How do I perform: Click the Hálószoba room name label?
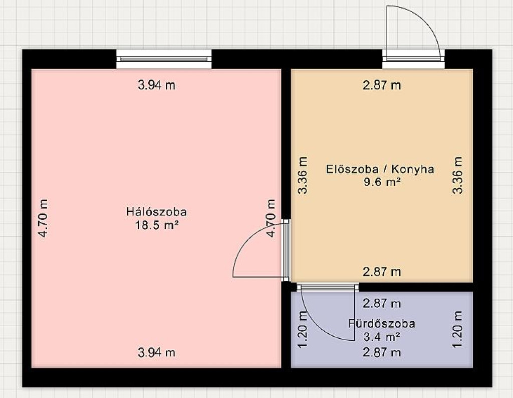point(157,212)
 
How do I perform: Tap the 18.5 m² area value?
point(157,225)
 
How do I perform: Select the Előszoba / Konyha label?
point(380,169)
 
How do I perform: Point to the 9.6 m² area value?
point(382,182)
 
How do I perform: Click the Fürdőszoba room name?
point(381,324)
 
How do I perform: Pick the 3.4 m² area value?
point(382,337)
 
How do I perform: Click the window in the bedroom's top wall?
point(164,59)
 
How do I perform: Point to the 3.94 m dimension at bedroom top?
point(157,85)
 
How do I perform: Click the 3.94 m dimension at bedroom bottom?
point(157,352)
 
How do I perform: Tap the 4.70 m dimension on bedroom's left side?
point(43,218)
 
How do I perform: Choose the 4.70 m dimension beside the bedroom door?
point(271,218)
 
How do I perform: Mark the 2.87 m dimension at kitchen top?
point(382,85)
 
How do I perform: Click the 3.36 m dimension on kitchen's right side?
point(457,175)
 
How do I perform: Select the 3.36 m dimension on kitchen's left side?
point(303,175)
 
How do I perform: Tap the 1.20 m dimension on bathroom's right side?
point(457,329)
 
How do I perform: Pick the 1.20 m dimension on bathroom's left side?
point(303,329)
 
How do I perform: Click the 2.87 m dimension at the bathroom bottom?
point(382,352)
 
